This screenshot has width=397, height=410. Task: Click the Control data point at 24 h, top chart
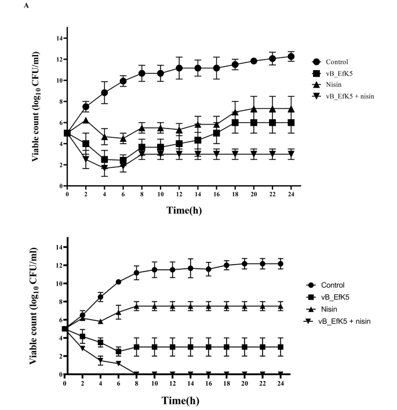(x=291, y=57)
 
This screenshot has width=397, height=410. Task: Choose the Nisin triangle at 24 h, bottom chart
(x=281, y=306)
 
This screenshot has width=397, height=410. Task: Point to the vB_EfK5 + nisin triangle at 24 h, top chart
(x=291, y=155)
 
